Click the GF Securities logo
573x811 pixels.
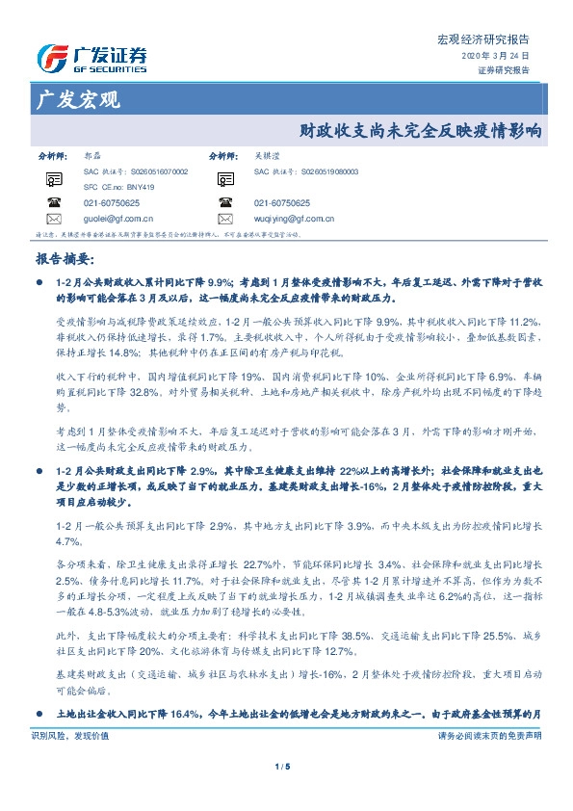coord(92,59)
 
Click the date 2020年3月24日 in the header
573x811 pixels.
coord(501,57)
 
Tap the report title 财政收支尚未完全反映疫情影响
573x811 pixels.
coord(421,127)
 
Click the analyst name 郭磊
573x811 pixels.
coord(92,155)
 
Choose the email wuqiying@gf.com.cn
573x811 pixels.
coord(294,219)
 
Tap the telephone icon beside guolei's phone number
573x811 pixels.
coord(52,202)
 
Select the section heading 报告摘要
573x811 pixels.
coord(64,259)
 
